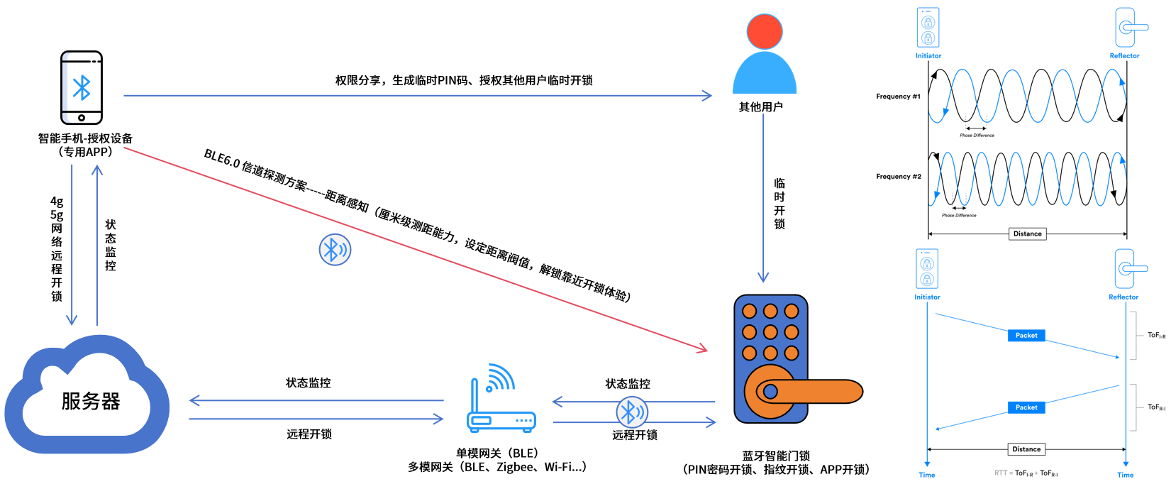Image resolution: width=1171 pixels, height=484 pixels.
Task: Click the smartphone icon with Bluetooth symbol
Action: (82, 87)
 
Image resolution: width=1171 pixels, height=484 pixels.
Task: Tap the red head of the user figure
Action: (764, 32)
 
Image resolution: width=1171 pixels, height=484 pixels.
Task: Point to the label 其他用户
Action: (760, 107)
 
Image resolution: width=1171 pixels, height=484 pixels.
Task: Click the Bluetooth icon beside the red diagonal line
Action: (335, 250)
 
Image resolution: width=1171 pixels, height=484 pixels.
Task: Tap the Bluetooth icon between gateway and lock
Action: (631, 412)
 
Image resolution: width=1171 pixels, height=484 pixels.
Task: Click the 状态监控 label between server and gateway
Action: (308, 383)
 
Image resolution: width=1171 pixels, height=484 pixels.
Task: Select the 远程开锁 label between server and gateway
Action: (309, 434)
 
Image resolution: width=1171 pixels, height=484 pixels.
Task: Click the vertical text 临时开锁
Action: (779, 204)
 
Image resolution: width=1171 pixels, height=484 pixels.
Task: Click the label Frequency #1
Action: (898, 97)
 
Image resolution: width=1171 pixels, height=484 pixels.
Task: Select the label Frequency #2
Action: (898, 177)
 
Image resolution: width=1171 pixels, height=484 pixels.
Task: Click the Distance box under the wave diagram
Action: (1027, 233)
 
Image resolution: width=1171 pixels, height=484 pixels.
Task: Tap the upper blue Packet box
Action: (1026, 336)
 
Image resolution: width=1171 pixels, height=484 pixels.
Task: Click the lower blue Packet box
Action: (1026, 407)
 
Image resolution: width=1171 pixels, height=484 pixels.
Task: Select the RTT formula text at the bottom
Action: (1026, 473)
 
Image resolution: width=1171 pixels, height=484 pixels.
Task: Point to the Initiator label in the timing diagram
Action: (927, 297)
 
